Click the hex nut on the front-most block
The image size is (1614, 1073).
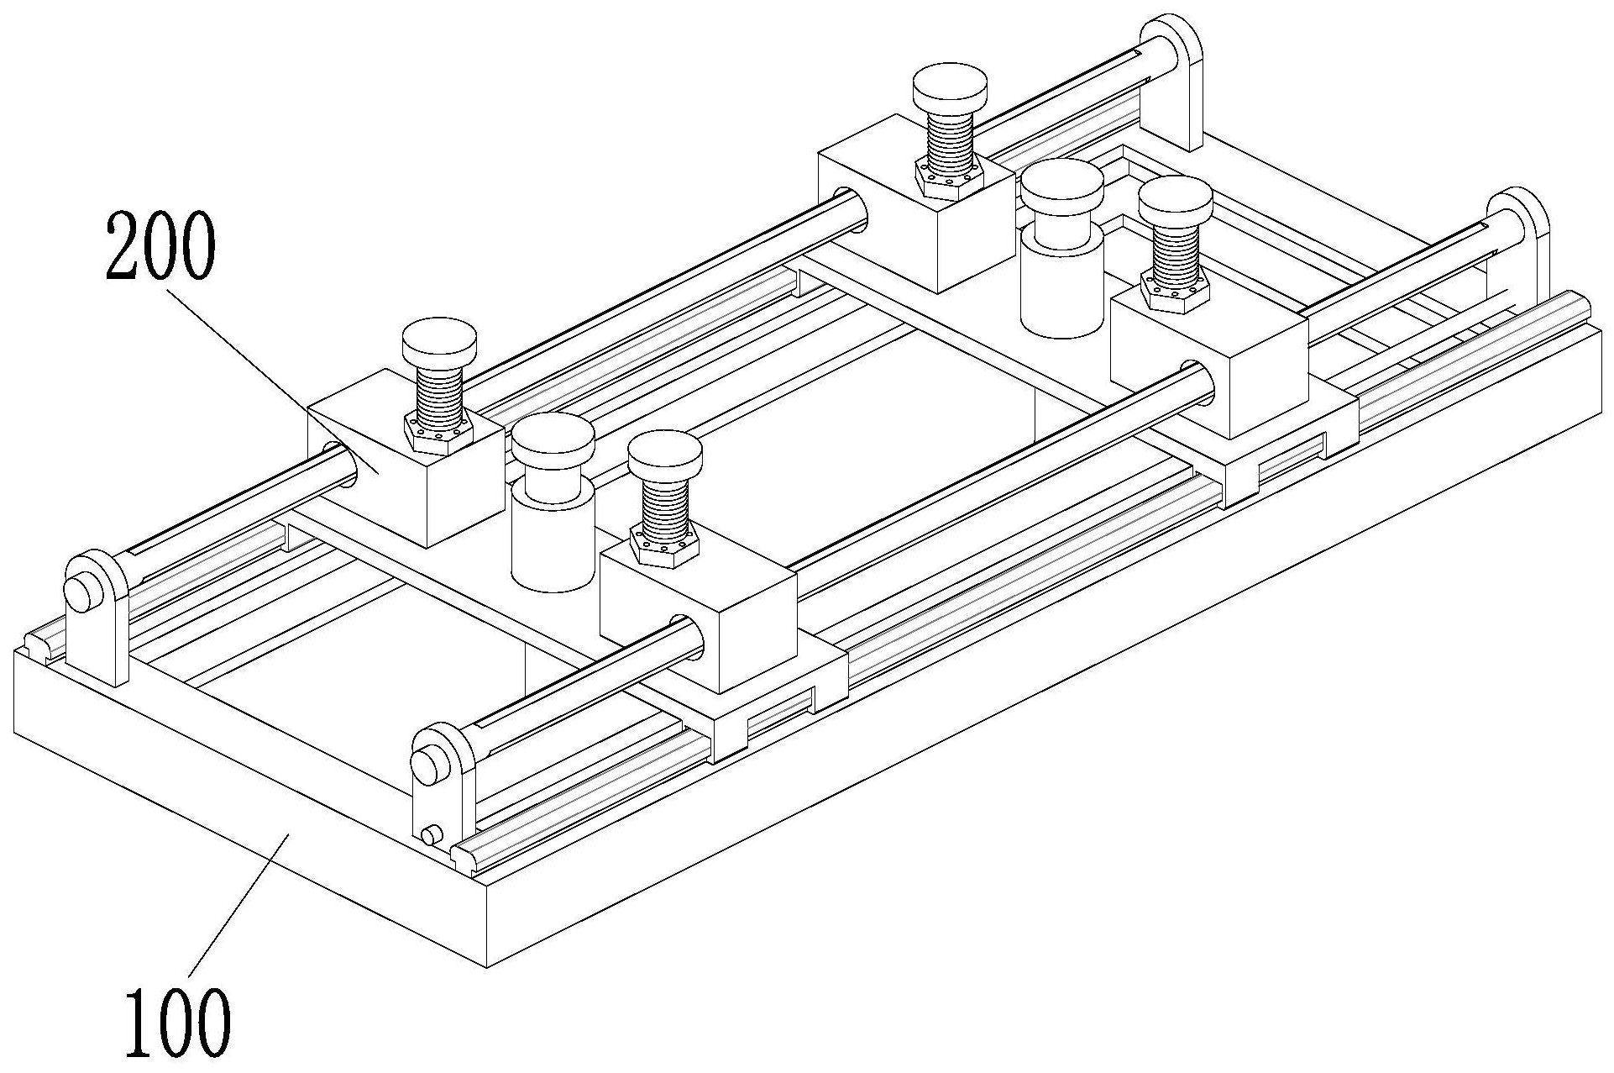pos(664,544)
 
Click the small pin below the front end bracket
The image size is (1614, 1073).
pos(432,836)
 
